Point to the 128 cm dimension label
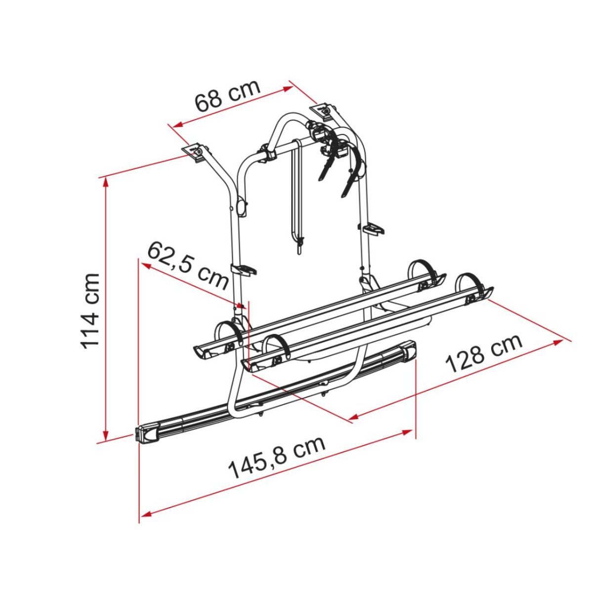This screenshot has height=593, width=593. coord(484,353)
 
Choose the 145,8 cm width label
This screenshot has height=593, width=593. coord(277,458)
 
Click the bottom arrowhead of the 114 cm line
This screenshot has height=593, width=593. coord(105,435)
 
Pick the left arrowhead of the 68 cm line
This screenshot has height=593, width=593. coord(174,125)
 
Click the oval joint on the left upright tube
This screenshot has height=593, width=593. coord(242,207)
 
